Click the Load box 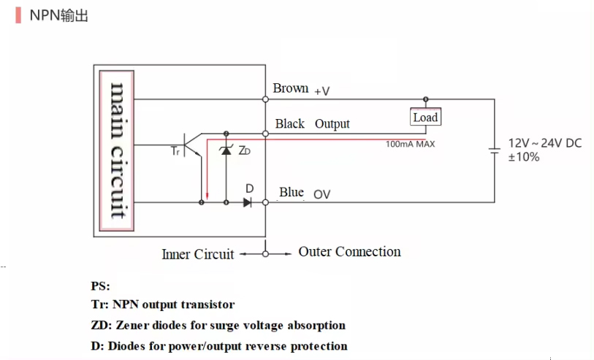pos(425,117)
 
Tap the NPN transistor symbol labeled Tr pos(192,143)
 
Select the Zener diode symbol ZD pos(226,150)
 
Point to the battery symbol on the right pos(495,150)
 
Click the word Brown pos(290,88)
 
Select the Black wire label pos(289,124)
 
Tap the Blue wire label pos(291,193)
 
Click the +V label pos(321,91)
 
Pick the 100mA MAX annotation pos(410,145)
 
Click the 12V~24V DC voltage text pos(544,143)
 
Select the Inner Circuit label pos(197,254)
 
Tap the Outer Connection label pos(349,252)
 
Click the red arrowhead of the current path pos(207,196)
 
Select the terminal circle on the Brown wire pos(266,99)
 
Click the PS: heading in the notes pos(100,286)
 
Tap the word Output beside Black pos(332,124)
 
